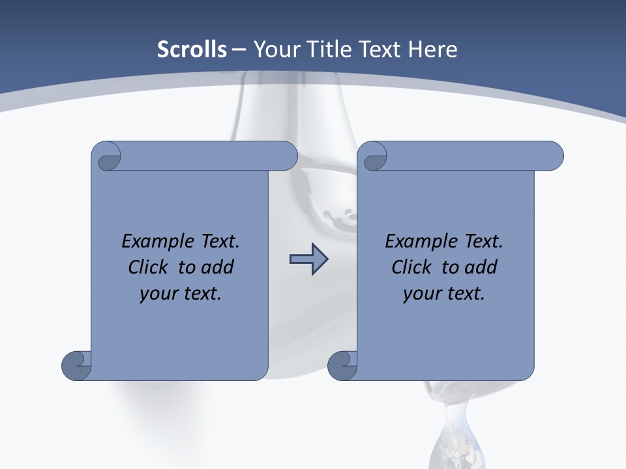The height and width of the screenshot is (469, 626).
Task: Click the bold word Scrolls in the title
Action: [x=192, y=50]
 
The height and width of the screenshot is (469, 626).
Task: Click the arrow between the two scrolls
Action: [x=308, y=259]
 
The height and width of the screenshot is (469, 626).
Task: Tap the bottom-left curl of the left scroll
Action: [x=77, y=365]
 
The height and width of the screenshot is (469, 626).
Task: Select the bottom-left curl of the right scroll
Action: [x=343, y=365]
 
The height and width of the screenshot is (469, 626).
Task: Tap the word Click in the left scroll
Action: [x=148, y=267]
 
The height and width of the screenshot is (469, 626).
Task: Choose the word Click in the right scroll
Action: [x=411, y=267]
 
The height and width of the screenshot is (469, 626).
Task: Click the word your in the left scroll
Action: [x=157, y=294]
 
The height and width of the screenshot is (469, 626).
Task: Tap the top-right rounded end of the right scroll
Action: [x=552, y=156]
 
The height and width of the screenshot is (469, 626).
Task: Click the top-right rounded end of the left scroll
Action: [x=286, y=156]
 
